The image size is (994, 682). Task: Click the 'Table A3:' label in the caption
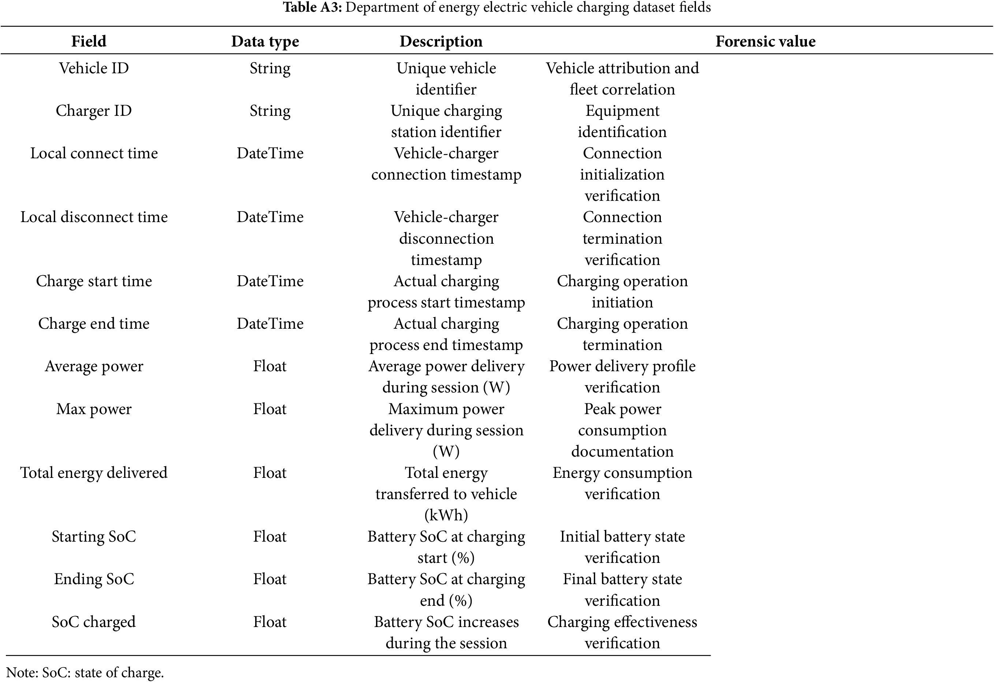312,7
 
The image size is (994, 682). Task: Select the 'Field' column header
89,41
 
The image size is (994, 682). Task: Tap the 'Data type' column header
265,41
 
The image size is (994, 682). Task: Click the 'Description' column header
441,41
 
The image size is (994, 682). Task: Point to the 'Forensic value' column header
765,41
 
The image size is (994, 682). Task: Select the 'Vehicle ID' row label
94,68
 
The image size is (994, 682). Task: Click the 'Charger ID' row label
94,110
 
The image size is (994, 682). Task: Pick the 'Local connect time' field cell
94,153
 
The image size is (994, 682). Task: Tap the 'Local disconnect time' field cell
94,217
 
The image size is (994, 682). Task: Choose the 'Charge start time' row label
94,281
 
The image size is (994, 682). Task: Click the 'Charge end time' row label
94,323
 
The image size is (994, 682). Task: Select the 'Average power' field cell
94,366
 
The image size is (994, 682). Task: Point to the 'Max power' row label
94,409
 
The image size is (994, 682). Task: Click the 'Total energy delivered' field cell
94,473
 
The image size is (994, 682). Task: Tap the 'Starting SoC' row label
94,537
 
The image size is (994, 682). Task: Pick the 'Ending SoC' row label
94,579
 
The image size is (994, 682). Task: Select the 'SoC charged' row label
94,622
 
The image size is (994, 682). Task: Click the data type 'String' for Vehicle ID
270,68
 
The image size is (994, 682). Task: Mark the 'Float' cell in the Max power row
269,409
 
